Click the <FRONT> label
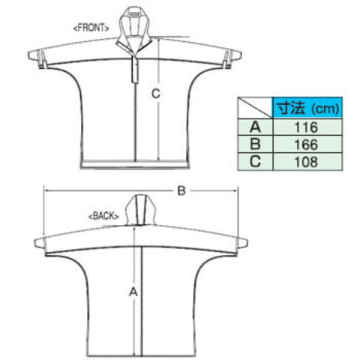91,28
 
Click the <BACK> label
103,216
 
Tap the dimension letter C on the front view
156,94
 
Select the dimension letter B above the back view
181,191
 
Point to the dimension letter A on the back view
133,292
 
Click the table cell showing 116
307,127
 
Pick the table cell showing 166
307,144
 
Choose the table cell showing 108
307,162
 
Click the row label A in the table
255,127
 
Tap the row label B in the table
255,144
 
